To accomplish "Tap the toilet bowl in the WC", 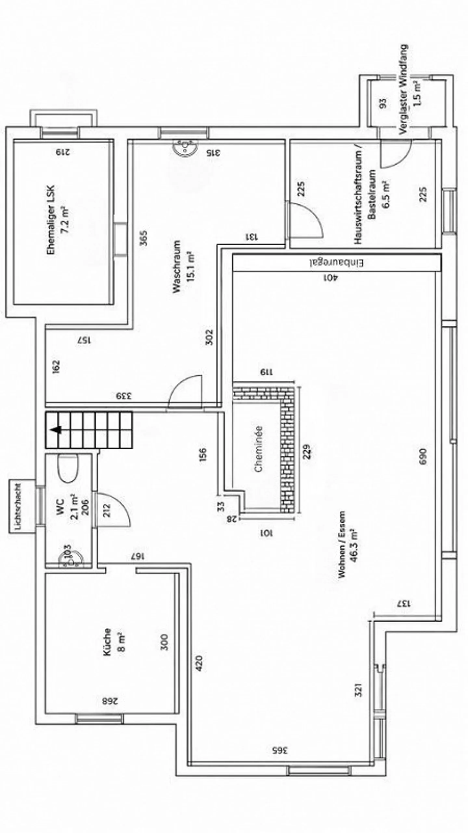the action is [x=68, y=468].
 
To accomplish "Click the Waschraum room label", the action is [x=176, y=266].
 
